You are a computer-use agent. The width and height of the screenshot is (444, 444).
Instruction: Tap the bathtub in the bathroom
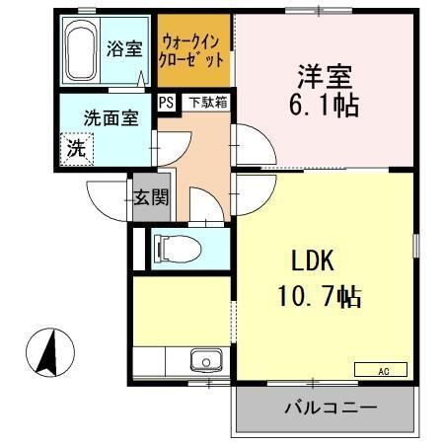point(78,51)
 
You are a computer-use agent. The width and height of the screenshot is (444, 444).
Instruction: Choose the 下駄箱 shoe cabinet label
point(207,101)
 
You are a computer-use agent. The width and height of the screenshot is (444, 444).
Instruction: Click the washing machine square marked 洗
point(75,150)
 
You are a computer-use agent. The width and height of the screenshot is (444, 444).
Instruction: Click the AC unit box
point(380,370)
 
